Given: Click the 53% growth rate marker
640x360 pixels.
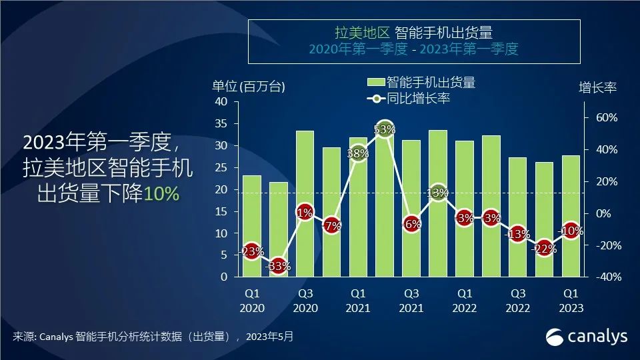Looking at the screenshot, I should (385, 129).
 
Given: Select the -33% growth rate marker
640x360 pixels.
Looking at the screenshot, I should (278, 266).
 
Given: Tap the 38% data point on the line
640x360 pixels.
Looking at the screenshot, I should (358, 153).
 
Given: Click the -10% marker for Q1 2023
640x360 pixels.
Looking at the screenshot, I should (571, 231).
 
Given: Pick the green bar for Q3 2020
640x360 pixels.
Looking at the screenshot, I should (305, 203).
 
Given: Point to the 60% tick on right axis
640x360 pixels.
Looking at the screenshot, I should (606, 117).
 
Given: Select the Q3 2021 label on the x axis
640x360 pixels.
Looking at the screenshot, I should (411, 300).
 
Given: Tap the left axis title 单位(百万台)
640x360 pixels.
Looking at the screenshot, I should (249, 86).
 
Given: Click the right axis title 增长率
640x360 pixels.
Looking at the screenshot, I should (597, 88).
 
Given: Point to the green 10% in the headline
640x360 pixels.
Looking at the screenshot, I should (161, 194).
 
